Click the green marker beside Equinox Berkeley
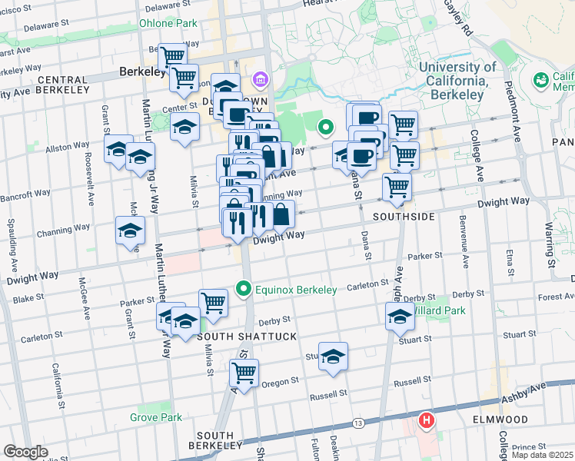pyautogui.click(x=244, y=290)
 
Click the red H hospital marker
pyautogui.click(x=425, y=421)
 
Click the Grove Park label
pyautogui.click(x=156, y=417)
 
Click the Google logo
pyautogui.click(x=25, y=452)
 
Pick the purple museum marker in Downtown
pyautogui.click(x=260, y=79)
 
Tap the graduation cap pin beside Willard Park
pyautogui.click(x=400, y=315)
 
